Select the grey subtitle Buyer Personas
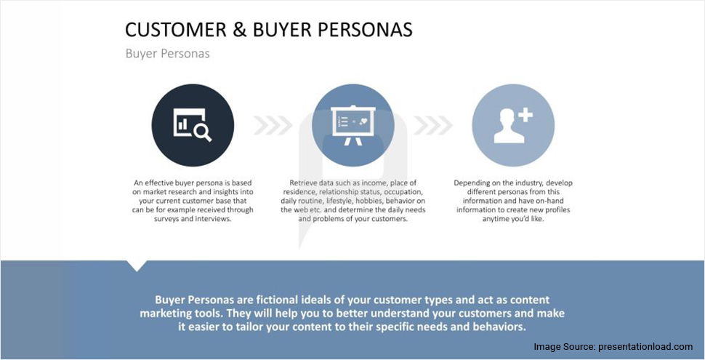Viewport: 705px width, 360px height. pos(167,54)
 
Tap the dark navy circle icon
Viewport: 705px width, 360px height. pos(193,125)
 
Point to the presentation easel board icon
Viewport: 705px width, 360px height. pos(352,125)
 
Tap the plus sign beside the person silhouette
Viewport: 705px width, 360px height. pos(525,115)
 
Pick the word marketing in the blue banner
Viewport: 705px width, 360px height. pos(169,313)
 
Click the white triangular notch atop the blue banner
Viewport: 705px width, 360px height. pos(136,265)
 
